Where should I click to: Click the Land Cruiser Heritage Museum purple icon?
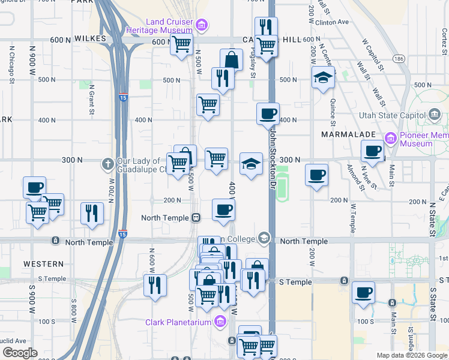(203, 25)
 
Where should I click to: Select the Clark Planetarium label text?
(178, 323)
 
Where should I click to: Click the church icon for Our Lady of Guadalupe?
(107, 163)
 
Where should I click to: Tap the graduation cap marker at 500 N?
(323, 77)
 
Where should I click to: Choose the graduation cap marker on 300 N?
(251, 164)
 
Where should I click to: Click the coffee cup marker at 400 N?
(268, 113)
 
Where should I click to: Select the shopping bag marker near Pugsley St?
(231, 60)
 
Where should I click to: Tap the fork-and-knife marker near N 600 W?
(155, 285)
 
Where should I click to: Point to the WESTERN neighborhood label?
(43, 264)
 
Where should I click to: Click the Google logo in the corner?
(19, 353)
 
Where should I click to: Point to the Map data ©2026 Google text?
(412, 355)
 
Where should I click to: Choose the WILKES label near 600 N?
(91, 38)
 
